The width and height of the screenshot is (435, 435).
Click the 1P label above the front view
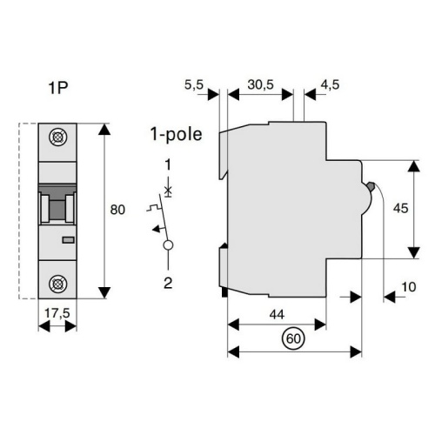click(x=58, y=88)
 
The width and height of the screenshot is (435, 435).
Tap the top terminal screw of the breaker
click(x=58, y=137)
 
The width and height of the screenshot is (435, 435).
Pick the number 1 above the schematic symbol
click(x=167, y=164)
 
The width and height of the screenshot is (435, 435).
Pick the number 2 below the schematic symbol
click(x=167, y=280)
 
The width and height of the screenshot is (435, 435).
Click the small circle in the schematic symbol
click(x=167, y=245)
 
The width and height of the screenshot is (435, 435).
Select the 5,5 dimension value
click(x=195, y=85)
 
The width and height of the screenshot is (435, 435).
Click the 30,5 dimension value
click(x=259, y=85)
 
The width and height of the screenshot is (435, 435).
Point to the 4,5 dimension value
click(x=330, y=85)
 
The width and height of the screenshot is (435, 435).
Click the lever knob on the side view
click(x=371, y=186)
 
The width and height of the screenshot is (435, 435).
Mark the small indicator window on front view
click(x=68, y=238)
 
